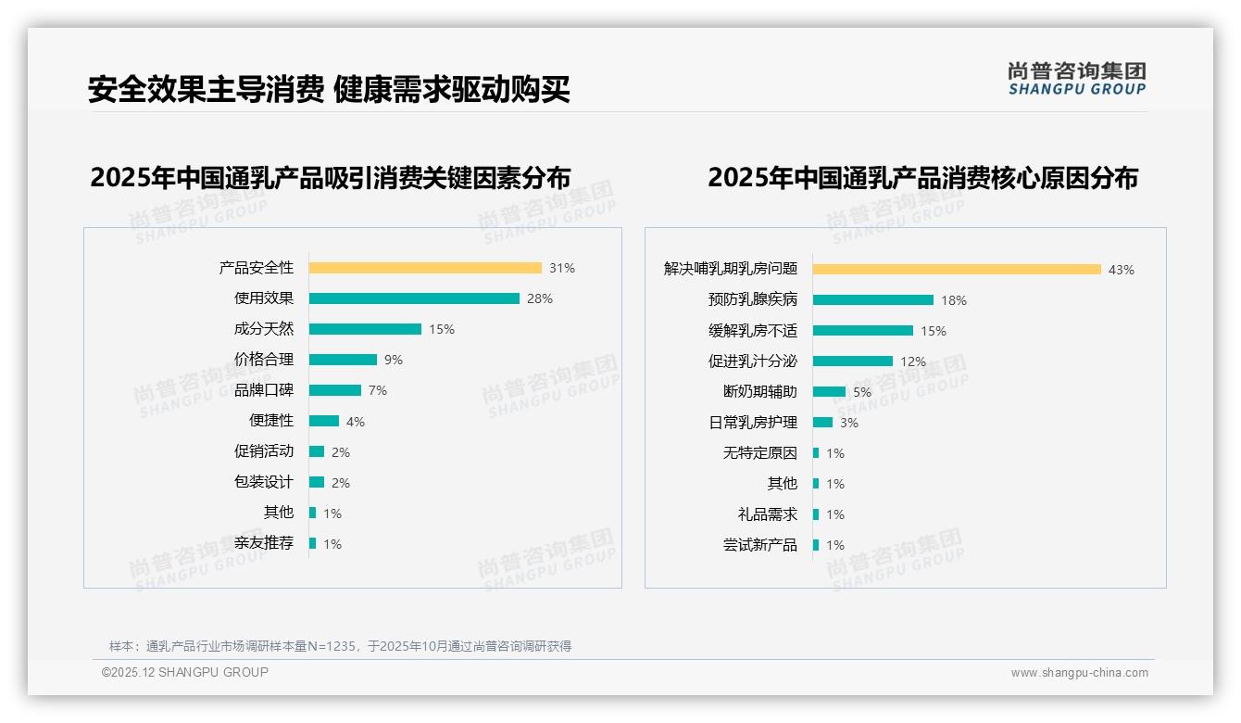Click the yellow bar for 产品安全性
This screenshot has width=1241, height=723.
point(425,268)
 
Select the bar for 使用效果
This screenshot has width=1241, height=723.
point(414,298)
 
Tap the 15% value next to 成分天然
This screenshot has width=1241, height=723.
point(441,329)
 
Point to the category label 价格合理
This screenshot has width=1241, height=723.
point(263,360)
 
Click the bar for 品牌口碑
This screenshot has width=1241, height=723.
point(334,390)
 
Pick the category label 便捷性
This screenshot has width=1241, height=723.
point(270,421)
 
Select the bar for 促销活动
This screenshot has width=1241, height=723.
point(317,451)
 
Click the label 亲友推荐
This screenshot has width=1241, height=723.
point(263,543)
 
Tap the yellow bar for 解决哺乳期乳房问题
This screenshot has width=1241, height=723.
point(957,270)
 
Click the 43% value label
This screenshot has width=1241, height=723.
point(1121,270)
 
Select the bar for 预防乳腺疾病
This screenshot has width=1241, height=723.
point(872,300)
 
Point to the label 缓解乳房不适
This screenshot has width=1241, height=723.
point(752,331)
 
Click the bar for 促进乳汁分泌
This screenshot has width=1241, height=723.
point(852,361)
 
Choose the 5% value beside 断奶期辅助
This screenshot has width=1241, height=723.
point(861,392)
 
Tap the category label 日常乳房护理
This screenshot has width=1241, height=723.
point(752,423)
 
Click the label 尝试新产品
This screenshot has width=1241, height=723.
point(759,545)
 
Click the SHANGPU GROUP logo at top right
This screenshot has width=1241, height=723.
point(1076,79)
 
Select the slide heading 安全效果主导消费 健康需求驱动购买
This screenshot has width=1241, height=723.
point(328,89)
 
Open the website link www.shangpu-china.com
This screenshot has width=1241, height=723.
point(1079,673)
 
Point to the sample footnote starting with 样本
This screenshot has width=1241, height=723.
point(340,646)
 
